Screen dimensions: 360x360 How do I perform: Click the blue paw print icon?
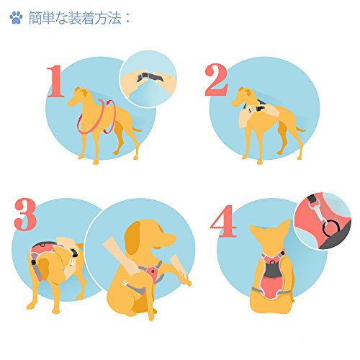point(16,18)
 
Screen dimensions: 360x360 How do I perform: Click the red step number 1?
point(55,81)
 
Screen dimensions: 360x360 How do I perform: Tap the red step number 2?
point(216,80)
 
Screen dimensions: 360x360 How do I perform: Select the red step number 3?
point(25,215)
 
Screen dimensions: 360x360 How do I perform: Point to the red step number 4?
point(223,221)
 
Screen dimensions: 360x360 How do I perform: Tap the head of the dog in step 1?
point(78,96)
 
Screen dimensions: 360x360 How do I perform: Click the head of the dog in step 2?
point(241,96)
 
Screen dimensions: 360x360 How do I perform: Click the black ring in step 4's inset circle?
point(331,228)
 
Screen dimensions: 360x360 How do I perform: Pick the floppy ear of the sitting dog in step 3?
point(132,238)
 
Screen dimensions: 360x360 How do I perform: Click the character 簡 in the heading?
point(35,18)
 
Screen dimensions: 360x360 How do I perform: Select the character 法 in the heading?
point(114,18)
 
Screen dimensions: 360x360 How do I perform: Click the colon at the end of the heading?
point(127,19)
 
